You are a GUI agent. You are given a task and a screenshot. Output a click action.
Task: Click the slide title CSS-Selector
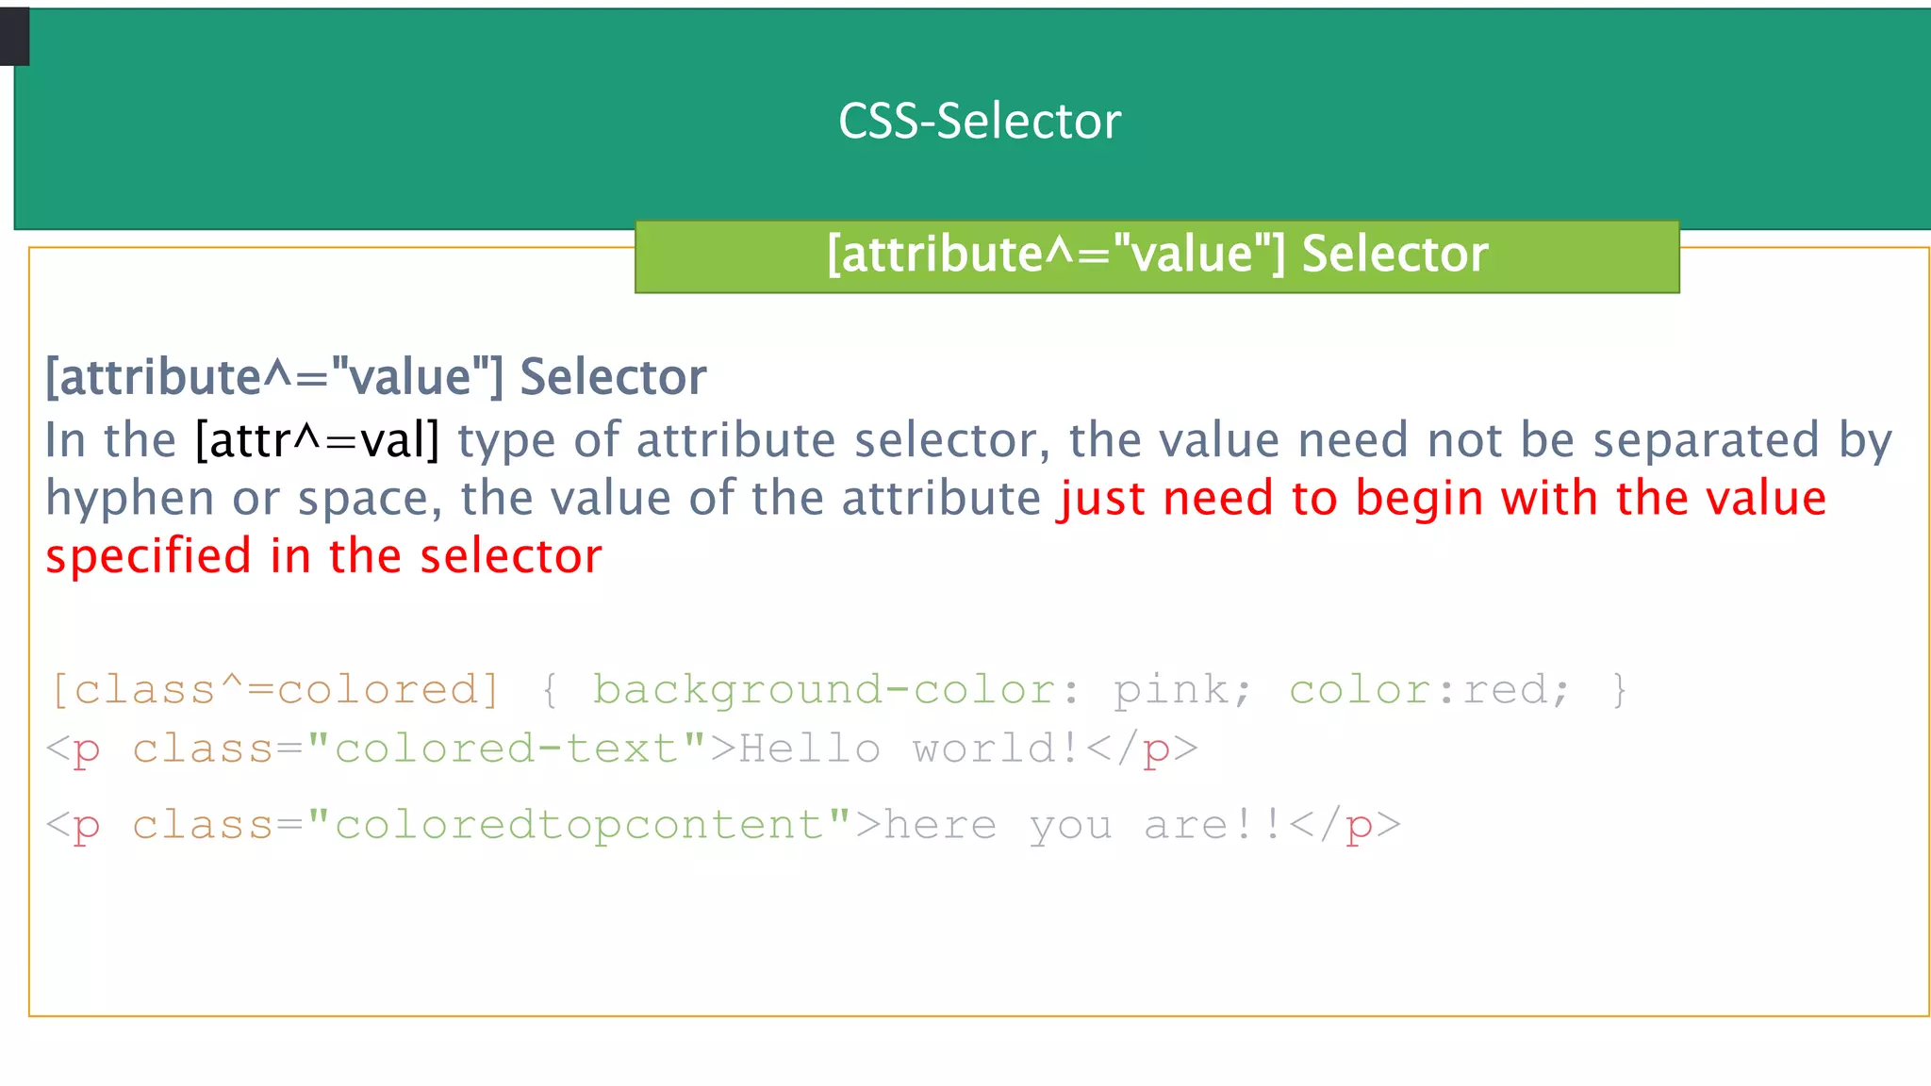980,122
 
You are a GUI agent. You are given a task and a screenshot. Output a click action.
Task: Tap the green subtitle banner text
1157,255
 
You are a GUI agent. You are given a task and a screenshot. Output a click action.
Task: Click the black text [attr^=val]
318,440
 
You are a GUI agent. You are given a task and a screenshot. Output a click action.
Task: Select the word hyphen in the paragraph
129,499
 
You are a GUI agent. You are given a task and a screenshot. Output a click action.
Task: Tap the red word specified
148,556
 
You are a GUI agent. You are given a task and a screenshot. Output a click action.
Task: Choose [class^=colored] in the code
275,690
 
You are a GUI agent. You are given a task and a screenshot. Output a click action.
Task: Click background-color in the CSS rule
823,690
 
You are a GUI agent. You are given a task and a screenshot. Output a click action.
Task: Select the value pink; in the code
1182,690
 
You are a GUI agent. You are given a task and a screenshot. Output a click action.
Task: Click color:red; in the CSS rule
1429,690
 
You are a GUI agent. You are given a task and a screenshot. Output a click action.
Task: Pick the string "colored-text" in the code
507,749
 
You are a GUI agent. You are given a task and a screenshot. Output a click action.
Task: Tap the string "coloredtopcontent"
580,825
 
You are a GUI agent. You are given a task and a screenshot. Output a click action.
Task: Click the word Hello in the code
809,749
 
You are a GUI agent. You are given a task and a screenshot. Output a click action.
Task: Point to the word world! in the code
996,749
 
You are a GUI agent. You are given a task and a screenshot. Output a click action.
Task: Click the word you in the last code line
1070,827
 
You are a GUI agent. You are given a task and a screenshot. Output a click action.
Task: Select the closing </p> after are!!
1344,825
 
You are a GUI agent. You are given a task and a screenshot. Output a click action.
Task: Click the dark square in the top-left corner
14,37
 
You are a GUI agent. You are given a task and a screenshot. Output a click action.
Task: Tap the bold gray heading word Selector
613,377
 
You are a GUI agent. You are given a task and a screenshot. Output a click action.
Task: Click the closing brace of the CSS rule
1619,690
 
